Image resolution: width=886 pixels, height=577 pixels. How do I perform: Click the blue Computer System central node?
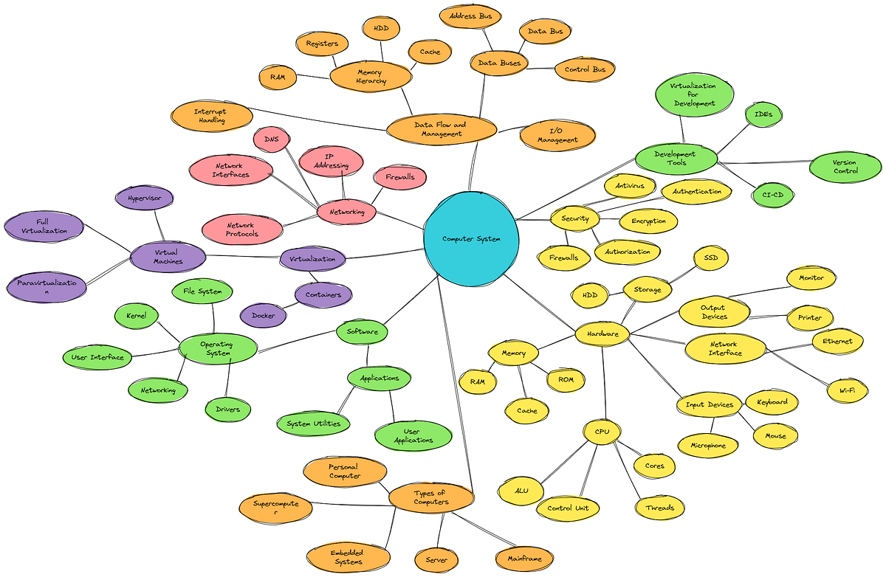point(470,238)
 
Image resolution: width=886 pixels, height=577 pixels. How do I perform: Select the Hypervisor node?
point(145,198)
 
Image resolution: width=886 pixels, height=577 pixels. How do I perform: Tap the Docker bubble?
point(263,316)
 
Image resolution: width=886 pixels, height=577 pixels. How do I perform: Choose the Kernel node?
point(137,317)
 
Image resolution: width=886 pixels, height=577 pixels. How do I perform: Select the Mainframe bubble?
point(524,559)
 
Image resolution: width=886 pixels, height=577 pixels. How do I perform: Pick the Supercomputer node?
point(275,507)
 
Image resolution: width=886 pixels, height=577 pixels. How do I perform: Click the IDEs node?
point(763,114)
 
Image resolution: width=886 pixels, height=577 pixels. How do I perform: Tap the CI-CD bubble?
point(773,195)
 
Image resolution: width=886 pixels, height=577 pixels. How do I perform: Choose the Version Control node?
point(845,167)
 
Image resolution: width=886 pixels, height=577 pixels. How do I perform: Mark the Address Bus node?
point(470,15)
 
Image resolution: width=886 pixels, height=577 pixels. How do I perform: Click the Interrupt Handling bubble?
point(210,116)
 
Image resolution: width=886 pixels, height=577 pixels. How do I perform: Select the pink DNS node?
point(271,139)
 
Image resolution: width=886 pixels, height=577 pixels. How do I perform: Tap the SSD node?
point(711,257)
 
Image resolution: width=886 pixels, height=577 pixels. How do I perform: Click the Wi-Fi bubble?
point(846,390)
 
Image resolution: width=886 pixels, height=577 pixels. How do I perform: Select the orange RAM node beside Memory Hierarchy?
point(278,77)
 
